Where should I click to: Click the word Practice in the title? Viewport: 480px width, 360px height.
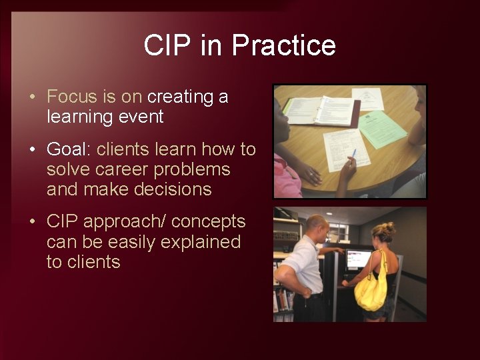[x=283, y=45]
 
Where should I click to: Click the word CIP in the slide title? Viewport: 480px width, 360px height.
[x=162, y=45]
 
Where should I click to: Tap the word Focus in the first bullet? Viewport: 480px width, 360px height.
[x=72, y=97]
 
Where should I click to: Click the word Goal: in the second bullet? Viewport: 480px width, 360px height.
[x=69, y=149]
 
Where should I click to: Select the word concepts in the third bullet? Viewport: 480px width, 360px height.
[x=208, y=221]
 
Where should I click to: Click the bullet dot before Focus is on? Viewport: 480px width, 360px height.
[x=33, y=97]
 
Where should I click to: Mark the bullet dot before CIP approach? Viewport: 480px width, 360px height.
[x=33, y=222]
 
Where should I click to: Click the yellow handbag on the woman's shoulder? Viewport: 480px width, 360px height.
[x=371, y=289]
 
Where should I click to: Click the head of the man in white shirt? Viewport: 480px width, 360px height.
[x=317, y=226]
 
